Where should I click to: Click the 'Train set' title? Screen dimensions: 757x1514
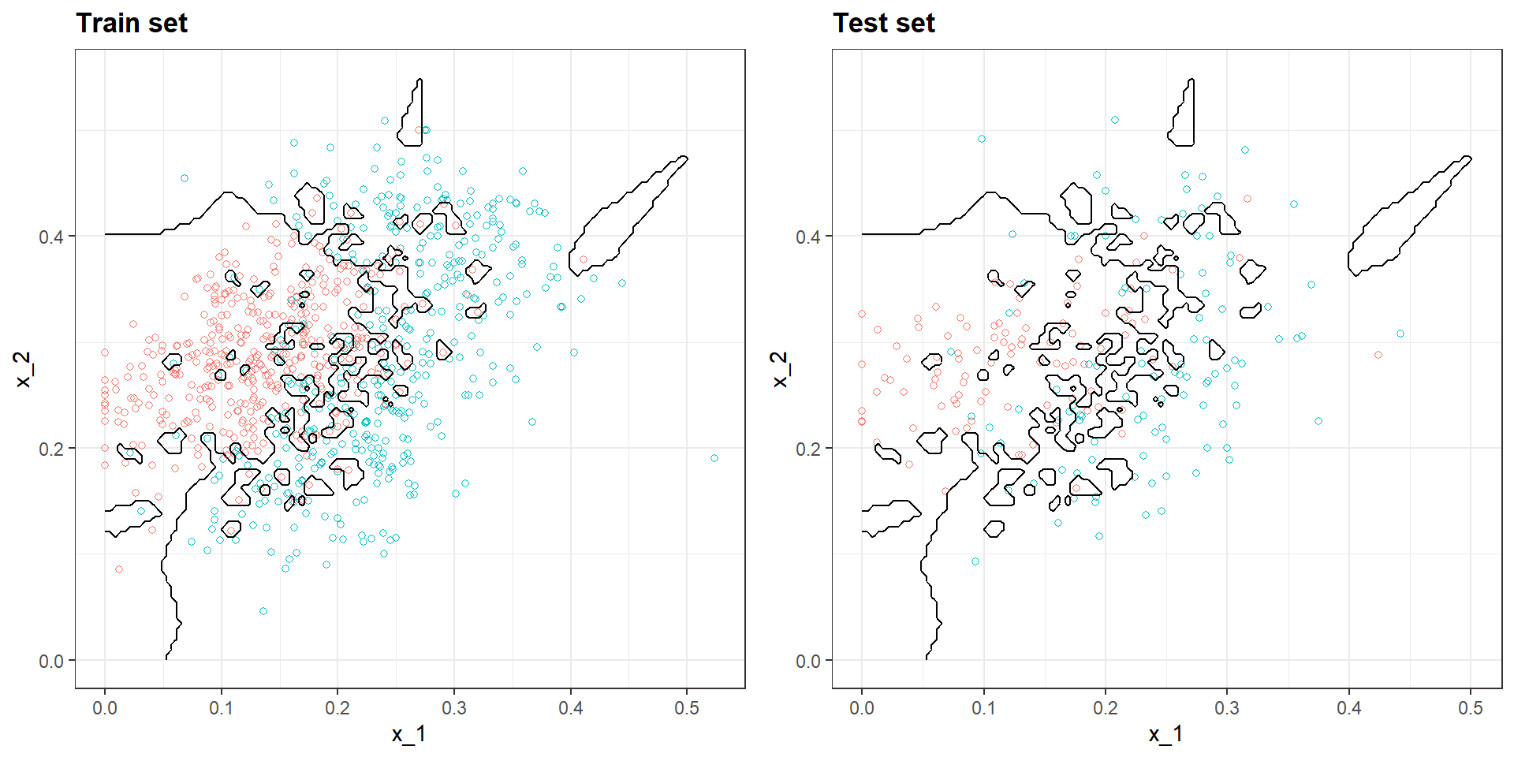132,24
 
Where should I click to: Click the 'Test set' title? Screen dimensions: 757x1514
884,24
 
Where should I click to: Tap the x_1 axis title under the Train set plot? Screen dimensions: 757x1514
409,734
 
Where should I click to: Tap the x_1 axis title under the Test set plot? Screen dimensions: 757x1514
1166,734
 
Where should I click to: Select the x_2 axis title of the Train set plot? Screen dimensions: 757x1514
23,369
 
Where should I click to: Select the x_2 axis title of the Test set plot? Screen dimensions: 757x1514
780,369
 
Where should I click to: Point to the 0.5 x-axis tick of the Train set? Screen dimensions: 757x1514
687,708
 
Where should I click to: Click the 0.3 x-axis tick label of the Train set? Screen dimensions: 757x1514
454,708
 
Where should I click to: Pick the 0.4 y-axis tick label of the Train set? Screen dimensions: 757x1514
51,237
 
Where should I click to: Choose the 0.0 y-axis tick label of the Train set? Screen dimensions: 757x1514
51,661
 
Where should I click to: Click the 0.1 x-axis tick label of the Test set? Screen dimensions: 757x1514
983,708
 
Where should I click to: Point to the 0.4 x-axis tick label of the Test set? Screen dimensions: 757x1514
1349,708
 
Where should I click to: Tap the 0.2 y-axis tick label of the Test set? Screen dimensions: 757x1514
808,449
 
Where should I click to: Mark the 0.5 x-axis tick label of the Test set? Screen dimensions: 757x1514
1471,708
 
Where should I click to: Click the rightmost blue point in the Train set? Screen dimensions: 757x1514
714,458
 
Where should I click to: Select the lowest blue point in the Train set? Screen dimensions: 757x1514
263,611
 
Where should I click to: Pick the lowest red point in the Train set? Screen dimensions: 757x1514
119,569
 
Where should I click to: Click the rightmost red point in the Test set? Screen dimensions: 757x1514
1378,355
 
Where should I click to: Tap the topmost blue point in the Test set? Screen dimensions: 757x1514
1115,121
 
